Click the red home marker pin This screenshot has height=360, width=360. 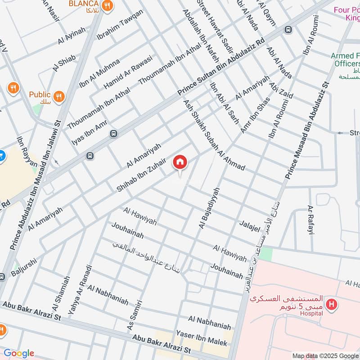pyautogui.click(x=180, y=162)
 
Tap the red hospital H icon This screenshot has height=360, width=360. pyautogui.click(x=332, y=305)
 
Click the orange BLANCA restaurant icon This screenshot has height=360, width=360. pyautogui.click(x=107, y=6)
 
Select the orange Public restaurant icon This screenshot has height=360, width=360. pyautogui.click(x=58, y=96)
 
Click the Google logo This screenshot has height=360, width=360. pyautogui.click(x=18, y=353)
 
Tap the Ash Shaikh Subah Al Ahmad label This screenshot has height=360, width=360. pyautogui.click(x=214, y=135)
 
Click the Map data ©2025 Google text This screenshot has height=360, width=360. pyautogui.click(x=324, y=355)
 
